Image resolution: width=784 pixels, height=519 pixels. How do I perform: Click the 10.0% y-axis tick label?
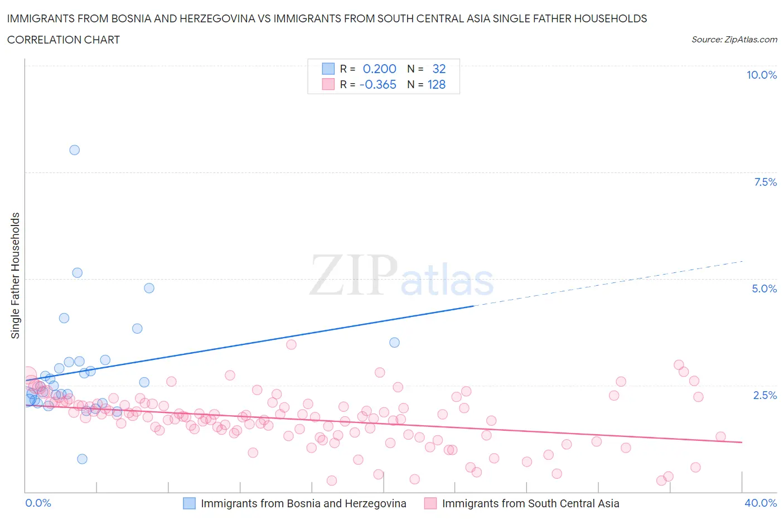761,75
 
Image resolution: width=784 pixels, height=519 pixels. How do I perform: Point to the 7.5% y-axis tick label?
764,182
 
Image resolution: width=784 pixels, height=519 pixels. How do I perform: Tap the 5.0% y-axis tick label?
764,289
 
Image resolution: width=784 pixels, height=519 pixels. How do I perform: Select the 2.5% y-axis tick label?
764,395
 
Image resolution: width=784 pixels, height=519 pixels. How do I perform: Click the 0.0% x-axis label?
38,503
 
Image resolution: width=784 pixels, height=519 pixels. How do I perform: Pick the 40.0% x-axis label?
761,503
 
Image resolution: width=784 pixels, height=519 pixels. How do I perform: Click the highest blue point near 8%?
74,150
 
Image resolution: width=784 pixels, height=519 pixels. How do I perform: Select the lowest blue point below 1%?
82,459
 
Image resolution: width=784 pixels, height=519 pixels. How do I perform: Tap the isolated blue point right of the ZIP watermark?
394,342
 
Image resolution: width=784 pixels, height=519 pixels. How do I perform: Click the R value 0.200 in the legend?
379,69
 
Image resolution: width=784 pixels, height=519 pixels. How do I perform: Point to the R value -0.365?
378,84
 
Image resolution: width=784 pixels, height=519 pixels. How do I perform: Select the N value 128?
436,84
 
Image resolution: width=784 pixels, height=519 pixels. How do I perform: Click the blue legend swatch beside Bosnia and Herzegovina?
190,503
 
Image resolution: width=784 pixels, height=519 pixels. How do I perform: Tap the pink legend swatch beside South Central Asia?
430,503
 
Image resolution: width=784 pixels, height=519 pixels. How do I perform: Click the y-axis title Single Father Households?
15,276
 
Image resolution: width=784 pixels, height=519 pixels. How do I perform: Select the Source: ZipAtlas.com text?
734,40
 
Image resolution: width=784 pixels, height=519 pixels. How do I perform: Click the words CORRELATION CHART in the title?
64,40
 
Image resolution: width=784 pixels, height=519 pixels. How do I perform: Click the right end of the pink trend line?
742,442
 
